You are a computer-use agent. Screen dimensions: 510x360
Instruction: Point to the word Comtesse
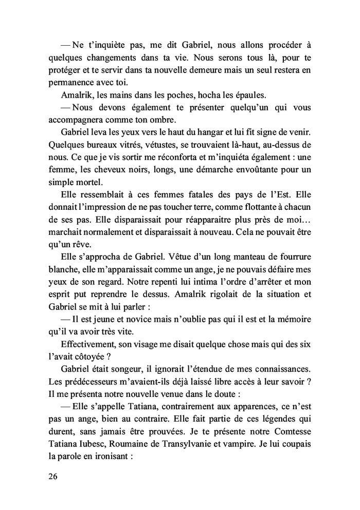pos(289,430)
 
